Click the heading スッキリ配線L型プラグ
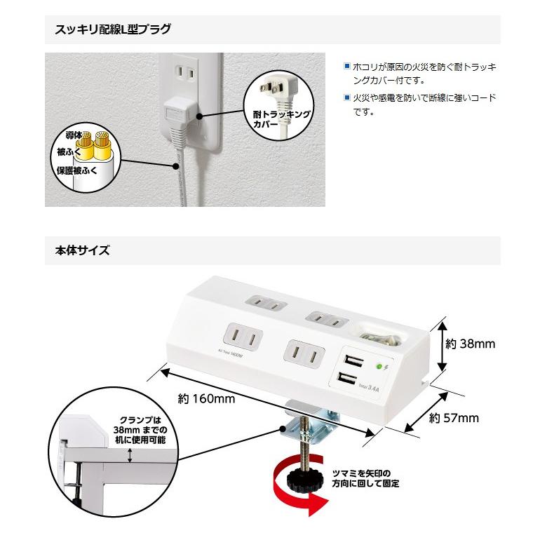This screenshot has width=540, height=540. (112, 29)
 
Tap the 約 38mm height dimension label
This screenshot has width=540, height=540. (471, 344)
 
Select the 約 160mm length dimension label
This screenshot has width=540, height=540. (206, 399)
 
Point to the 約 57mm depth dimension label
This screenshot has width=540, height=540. (454, 418)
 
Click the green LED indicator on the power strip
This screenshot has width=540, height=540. (379, 366)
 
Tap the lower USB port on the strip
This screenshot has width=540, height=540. (346, 380)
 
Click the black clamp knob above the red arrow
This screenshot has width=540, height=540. (304, 480)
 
